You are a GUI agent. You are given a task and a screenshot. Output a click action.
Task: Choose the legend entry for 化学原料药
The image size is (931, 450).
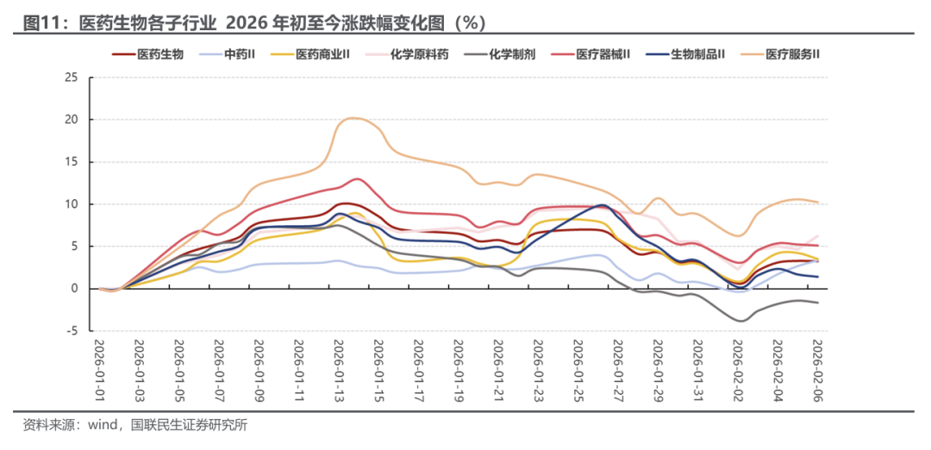click(419, 53)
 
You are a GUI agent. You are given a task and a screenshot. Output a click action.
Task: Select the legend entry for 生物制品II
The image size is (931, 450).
click(697, 53)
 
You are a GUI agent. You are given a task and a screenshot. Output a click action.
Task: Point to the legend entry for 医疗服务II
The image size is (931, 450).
click(791, 53)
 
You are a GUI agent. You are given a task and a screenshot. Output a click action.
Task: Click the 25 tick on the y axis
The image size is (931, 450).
click(72, 78)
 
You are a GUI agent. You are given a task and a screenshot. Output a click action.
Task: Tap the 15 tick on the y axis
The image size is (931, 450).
click(72, 162)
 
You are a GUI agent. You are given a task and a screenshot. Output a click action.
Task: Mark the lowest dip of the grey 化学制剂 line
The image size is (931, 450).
click(740, 321)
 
